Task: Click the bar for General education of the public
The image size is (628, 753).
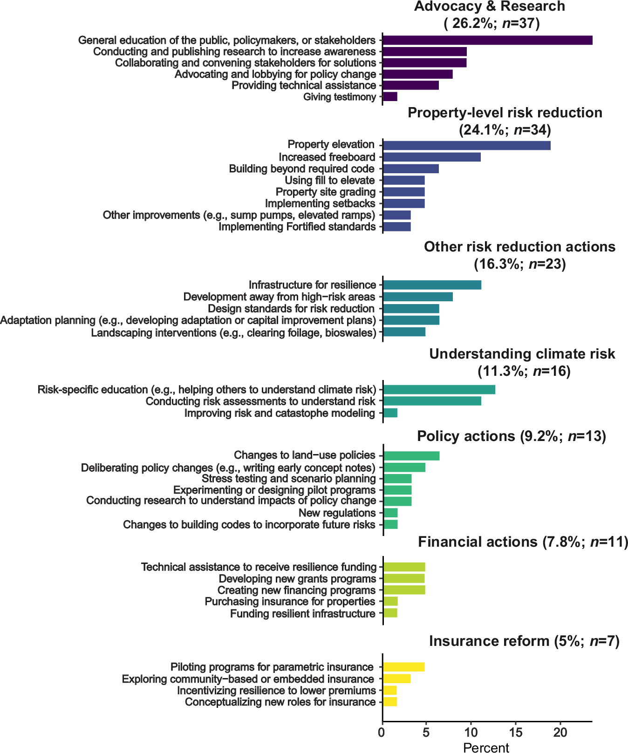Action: [x=487, y=40]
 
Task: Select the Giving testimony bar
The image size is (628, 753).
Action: [x=390, y=97]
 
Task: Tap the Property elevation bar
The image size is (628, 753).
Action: [x=466, y=145]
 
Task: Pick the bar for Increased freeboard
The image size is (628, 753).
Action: [x=431, y=157]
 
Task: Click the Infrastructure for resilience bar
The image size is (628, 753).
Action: [x=432, y=285]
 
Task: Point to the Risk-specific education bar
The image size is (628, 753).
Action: [x=439, y=390]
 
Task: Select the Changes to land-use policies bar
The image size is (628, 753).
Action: [x=411, y=455]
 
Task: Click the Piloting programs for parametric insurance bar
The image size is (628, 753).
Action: [x=403, y=667]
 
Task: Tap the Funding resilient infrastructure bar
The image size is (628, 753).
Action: [x=390, y=613]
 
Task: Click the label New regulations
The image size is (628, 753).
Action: [x=337, y=513]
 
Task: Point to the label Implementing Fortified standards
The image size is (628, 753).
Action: [x=297, y=227]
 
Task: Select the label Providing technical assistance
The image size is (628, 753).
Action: [x=303, y=85]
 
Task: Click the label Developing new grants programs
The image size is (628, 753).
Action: [x=297, y=579]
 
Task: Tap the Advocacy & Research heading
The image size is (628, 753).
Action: [x=489, y=7]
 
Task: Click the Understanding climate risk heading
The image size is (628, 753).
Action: [x=522, y=354]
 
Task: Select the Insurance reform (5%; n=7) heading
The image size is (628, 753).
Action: [x=524, y=641]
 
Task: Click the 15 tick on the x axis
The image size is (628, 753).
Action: [x=515, y=733]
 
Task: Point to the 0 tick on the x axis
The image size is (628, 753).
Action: [x=382, y=733]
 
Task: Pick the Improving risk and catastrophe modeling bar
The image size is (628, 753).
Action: [x=390, y=413]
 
